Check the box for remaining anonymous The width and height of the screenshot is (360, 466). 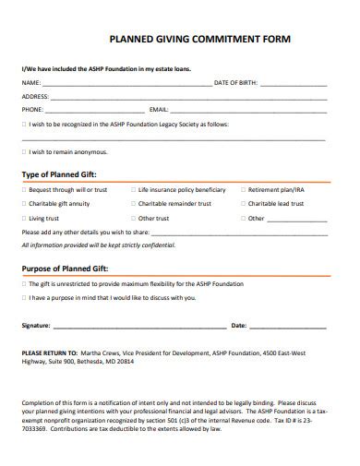pos(24,151)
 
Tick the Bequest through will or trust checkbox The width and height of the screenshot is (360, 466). pos(24,189)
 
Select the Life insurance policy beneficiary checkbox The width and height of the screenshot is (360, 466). pos(134,189)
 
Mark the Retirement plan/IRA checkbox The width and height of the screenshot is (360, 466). pos(243,189)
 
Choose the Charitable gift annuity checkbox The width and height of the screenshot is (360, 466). pos(24,204)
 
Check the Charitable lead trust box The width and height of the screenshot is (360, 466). pos(243,204)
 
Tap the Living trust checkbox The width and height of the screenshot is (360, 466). pos(24,219)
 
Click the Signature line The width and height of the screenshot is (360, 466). pos(138,327)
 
